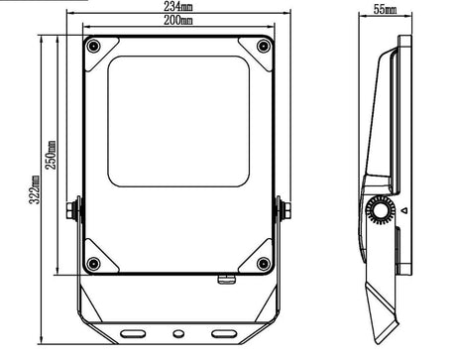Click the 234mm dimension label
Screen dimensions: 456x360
point(178,6)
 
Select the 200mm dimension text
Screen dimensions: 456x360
point(178,21)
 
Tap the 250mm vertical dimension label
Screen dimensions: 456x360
point(52,155)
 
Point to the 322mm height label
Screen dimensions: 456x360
point(35,189)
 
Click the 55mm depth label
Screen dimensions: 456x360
point(385,9)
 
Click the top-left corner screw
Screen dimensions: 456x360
point(93,46)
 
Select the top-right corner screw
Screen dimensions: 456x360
point(264,46)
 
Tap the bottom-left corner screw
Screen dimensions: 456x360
point(93,264)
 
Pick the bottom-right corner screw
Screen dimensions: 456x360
point(264,264)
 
